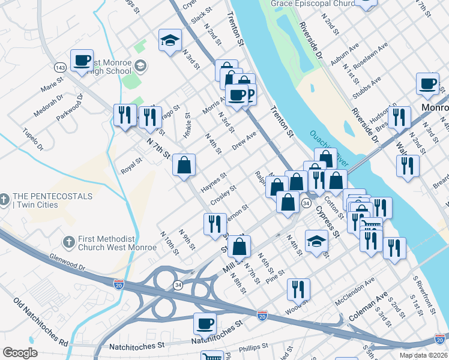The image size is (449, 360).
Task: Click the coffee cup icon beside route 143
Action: pyautogui.click(x=82, y=61)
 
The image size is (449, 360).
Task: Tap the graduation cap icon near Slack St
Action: pyautogui.click(x=170, y=41)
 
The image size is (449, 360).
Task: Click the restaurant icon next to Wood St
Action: pyautogui.click(x=298, y=289)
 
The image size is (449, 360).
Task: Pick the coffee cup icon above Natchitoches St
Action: pyautogui.click(x=205, y=324)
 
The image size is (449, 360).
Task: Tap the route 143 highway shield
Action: pyautogui.click(x=59, y=67)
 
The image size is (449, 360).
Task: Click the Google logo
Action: pyautogui.click(x=20, y=353)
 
